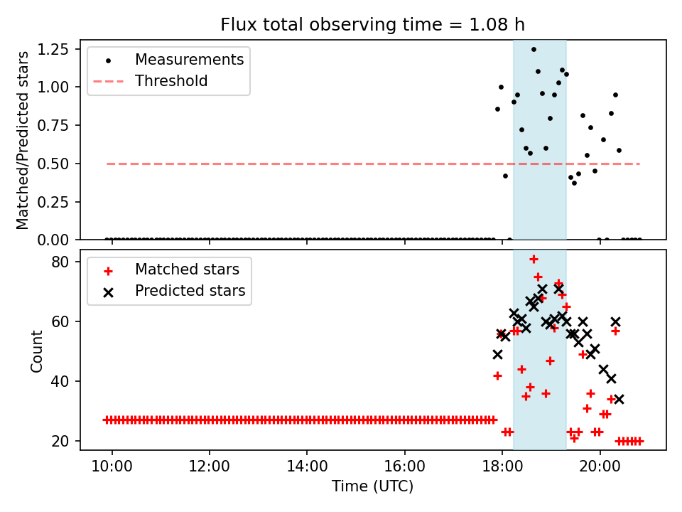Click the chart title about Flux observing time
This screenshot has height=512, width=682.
click(372, 25)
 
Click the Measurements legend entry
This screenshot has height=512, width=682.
click(189, 59)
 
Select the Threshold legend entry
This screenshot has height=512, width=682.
click(170, 81)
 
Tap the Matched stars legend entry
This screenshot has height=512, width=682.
click(187, 270)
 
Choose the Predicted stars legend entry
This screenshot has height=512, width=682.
click(190, 291)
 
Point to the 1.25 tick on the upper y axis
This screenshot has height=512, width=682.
click(54, 49)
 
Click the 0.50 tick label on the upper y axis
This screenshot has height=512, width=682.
click(54, 164)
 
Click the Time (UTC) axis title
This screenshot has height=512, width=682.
click(372, 487)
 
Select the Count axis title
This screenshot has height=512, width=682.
click(36, 351)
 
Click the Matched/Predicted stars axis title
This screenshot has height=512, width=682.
click(23, 140)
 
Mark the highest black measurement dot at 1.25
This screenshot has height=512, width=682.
click(534, 49)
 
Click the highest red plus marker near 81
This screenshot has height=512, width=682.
click(534, 259)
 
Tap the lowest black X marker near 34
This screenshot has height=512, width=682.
click(619, 399)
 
